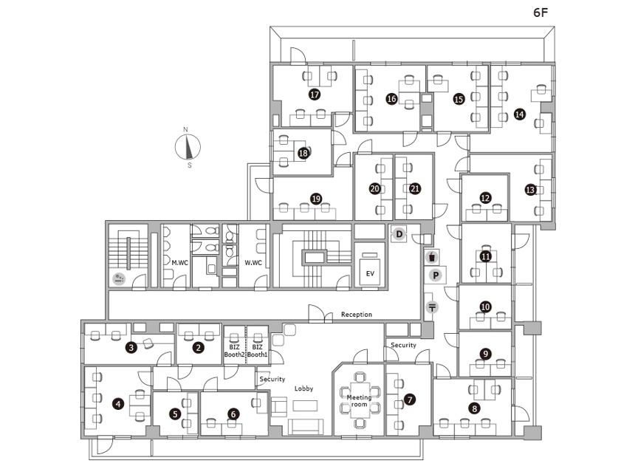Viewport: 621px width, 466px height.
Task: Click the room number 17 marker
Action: pyautogui.click(x=315, y=95)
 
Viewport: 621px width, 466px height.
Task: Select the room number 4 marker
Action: pyautogui.click(x=118, y=404)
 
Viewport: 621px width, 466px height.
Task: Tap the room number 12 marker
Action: pyautogui.click(x=485, y=198)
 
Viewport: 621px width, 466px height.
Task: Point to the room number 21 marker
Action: pyautogui.click(x=415, y=188)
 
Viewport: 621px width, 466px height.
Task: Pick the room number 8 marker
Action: pyautogui.click(x=474, y=408)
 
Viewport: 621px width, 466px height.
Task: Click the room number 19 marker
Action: pyautogui.click(x=316, y=199)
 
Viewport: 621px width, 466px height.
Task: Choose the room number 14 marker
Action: pyautogui.click(x=519, y=114)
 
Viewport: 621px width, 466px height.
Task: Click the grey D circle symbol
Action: pyautogui.click(x=399, y=234)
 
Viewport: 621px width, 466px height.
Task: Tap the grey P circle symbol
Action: pyautogui.click(x=436, y=275)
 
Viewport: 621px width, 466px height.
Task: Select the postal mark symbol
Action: pyautogui.click(x=432, y=307)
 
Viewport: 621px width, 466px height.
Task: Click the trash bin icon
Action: pyautogui.click(x=432, y=257)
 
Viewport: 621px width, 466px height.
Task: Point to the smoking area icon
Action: pyautogui.click(x=119, y=278)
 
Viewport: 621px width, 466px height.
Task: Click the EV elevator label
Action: pyautogui.click(x=370, y=273)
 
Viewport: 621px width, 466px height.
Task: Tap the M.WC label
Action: pyautogui.click(x=180, y=262)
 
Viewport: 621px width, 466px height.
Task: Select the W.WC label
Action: pyautogui.click(x=253, y=262)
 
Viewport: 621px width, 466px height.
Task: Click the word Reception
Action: pyautogui.click(x=357, y=314)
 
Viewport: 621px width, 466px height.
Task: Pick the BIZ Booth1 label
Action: pyautogui.click(x=257, y=351)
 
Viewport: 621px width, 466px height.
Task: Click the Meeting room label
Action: pyautogui.click(x=359, y=400)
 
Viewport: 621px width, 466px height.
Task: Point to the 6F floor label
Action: pyautogui.click(x=541, y=13)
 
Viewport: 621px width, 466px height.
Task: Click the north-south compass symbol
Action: pyautogui.click(x=188, y=147)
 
